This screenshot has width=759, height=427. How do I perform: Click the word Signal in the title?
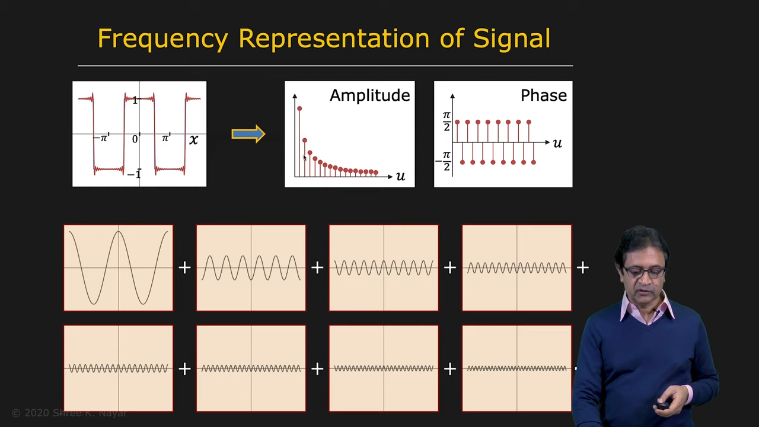click(512, 39)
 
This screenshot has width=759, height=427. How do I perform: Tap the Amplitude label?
click(369, 95)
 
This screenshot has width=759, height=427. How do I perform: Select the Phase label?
click(544, 95)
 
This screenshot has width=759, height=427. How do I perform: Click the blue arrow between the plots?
click(248, 134)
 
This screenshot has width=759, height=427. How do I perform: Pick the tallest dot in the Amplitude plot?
click(299, 109)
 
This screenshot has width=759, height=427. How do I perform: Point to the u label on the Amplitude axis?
click(400, 176)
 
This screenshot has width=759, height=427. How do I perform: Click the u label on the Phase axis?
click(557, 144)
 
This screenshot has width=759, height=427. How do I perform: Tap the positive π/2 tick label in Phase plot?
click(447, 122)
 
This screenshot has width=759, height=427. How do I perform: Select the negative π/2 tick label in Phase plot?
click(444, 161)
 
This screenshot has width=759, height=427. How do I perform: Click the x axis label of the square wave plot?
click(193, 139)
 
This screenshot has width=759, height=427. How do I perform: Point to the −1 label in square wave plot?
click(134, 174)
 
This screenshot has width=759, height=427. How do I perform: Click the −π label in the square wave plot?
click(101, 138)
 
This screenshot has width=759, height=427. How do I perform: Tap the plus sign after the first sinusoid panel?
click(184, 267)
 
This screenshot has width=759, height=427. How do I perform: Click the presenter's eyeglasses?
click(644, 272)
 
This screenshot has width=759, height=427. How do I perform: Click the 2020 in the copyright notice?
click(37, 413)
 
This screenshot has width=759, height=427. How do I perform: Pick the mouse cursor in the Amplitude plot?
click(305, 158)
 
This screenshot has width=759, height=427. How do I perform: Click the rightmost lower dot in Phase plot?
click(534, 162)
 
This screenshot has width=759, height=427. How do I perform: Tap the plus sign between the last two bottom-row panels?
click(450, 369)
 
